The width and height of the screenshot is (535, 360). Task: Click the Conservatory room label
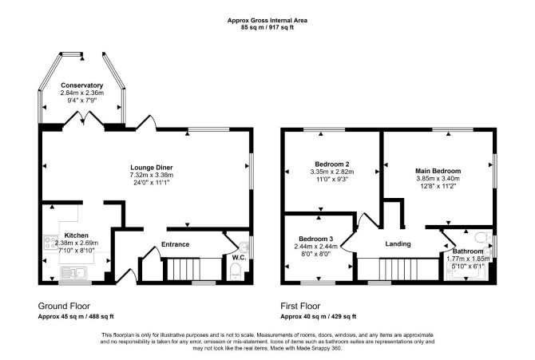82,85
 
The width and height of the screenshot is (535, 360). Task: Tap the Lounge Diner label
152,168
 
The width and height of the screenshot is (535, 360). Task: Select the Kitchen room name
77,235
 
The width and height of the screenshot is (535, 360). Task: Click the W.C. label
240,257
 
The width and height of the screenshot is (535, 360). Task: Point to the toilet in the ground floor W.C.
236,272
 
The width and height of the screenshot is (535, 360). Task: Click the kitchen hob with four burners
50,243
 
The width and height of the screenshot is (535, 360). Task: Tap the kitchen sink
74,273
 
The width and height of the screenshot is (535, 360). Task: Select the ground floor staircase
183,270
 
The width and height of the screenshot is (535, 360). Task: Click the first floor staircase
398,270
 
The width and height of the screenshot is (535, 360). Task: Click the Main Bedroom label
438,171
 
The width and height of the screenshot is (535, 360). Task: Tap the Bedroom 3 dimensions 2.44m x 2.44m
316,247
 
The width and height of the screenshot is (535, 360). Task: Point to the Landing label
398,244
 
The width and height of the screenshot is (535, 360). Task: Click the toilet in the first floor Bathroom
483,237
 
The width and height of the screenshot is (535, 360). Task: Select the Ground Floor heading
64,306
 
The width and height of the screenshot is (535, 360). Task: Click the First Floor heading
300,306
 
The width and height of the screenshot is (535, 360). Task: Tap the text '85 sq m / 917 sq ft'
267,28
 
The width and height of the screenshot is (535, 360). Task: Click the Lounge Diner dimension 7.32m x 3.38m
152,175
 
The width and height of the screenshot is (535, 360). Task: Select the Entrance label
175,244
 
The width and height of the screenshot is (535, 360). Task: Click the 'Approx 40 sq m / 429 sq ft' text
319,317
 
